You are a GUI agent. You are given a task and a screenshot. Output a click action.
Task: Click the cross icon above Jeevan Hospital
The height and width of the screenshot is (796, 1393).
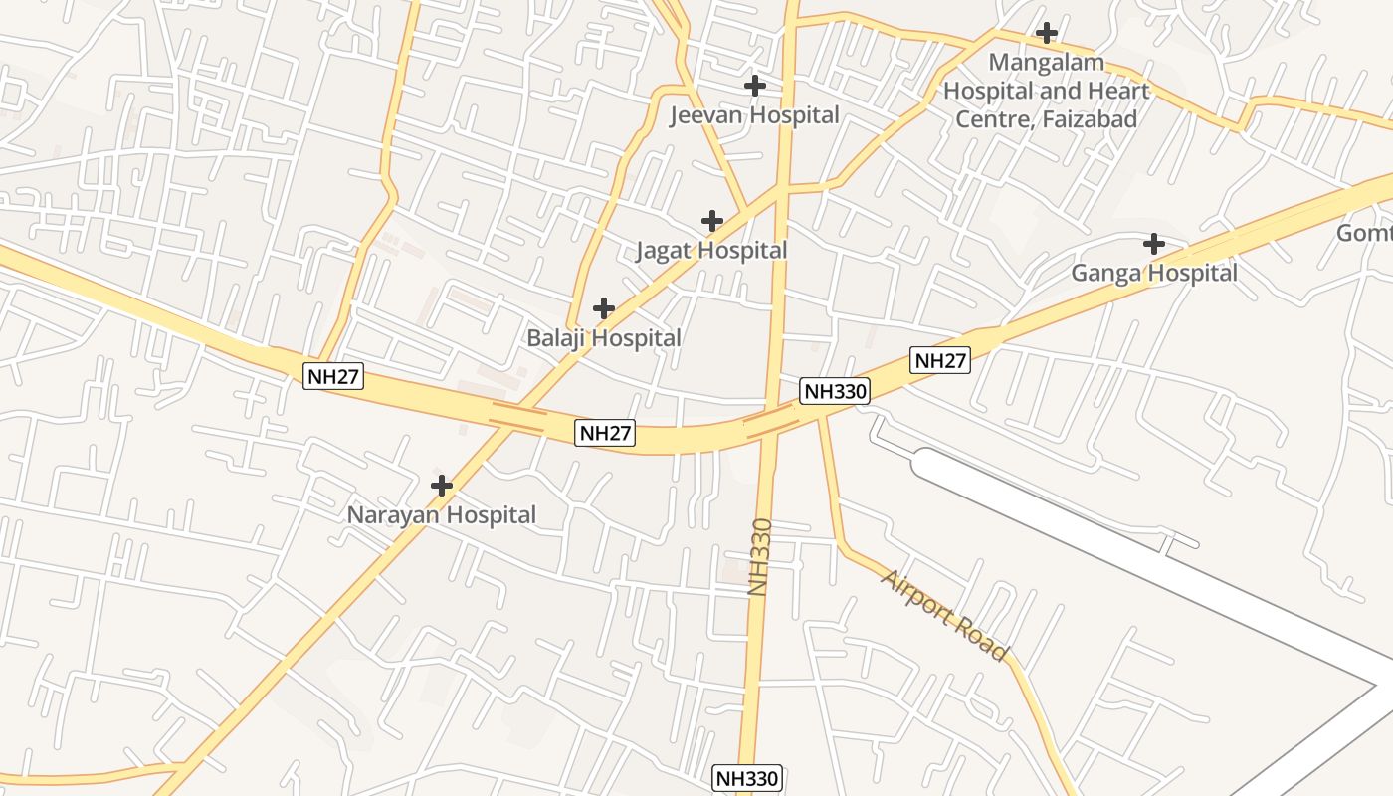(x=755, y=86)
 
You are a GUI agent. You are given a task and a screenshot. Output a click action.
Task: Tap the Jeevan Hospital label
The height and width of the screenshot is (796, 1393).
(x=754, y=115)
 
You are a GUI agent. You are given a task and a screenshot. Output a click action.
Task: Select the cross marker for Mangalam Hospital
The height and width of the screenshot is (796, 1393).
(x=1046, y=33)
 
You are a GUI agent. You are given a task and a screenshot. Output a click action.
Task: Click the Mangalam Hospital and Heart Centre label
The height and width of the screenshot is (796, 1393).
(x=1046, y=91)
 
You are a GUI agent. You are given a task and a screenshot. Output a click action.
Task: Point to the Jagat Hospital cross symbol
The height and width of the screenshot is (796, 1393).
(x=711, y=221)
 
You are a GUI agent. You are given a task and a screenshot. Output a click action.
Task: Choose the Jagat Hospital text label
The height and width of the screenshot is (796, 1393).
(x=711, y=251)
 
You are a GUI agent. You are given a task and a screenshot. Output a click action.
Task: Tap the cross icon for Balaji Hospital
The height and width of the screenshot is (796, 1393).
(x=604, y=308)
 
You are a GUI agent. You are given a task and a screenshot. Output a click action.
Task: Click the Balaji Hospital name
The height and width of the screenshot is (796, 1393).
(x=604, y=338)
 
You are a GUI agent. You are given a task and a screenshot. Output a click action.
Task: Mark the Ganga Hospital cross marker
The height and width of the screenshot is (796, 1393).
(x=1154, y=243)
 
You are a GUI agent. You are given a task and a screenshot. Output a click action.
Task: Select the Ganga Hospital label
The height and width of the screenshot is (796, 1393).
(x=1154, y=273)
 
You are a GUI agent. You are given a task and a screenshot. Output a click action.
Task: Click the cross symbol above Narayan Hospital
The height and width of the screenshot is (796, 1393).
(x=441, y=486)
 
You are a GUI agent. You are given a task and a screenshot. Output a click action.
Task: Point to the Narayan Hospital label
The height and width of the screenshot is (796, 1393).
(x=441, y=515)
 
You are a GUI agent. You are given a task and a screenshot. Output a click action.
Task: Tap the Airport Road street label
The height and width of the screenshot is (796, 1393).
(x=944, y=614)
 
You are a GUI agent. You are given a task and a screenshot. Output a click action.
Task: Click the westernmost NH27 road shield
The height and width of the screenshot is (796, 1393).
(x=333, y=376)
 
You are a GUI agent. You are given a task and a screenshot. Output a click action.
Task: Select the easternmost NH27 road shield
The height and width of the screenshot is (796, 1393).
(x=939, y=361)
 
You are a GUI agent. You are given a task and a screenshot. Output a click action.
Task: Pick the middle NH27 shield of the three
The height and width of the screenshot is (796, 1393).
(x=605, y=433)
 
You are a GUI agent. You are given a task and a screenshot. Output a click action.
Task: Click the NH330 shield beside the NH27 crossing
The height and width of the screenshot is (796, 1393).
(x=836, y=391)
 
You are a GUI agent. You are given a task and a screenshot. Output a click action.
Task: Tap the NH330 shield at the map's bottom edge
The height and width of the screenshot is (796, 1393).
(x=748, y=778)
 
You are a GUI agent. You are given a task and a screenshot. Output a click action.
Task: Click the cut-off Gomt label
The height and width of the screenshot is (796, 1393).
(x=1364, y=233)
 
